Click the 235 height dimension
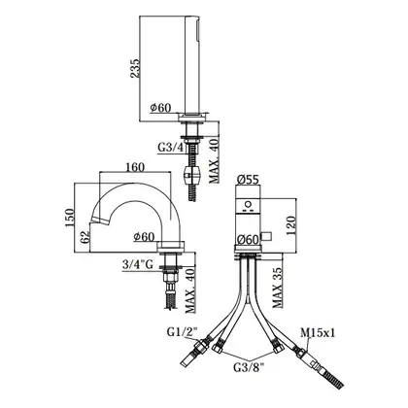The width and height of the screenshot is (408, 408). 135,69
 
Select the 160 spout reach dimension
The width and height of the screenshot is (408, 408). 135,167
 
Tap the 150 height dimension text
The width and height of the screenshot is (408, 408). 70,218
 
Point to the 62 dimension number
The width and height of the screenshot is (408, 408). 85,238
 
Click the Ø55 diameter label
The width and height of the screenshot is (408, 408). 248,179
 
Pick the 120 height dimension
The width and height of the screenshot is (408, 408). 290,225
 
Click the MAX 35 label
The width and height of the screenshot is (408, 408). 278,288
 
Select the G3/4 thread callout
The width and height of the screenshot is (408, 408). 171,148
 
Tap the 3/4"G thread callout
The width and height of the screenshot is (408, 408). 138,265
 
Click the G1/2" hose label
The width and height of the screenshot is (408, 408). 183,331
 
